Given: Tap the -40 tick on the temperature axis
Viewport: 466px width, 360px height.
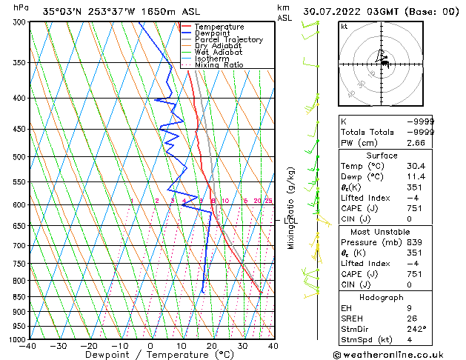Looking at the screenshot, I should (28, 345).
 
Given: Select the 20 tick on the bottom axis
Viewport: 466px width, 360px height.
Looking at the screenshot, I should (211, 345).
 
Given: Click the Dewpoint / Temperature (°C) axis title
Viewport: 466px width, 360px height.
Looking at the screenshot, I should (150, 355).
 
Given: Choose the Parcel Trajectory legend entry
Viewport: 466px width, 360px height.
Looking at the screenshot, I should (228, 40).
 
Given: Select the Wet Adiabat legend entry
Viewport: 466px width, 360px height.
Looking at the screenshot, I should (219, 53).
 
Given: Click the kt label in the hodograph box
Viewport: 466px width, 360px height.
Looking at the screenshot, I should (344, 27).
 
